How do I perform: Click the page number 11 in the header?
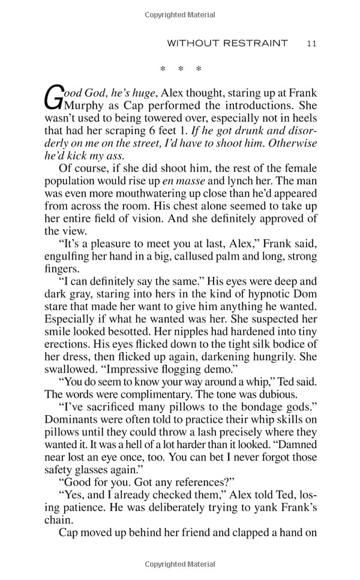pyautogui.click(x=311, y=43)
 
